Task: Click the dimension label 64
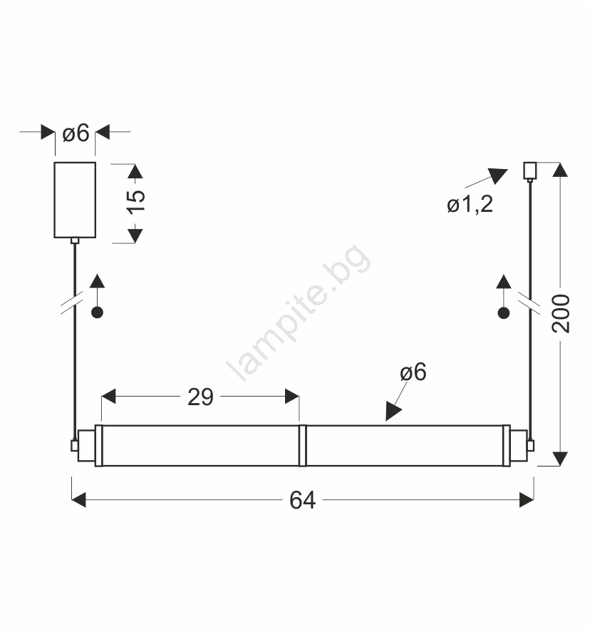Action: (302, 500)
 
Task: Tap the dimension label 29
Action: (200, 397)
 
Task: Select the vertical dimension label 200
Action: (561, 314)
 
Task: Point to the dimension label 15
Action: (135, 201)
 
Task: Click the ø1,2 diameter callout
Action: (470, 204)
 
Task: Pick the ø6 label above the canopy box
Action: (76, 133)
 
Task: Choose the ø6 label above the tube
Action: (413, 372)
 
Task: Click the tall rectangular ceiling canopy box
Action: (75, 200)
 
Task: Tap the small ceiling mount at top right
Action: (529, 170)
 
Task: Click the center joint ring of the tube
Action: (302, 445)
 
